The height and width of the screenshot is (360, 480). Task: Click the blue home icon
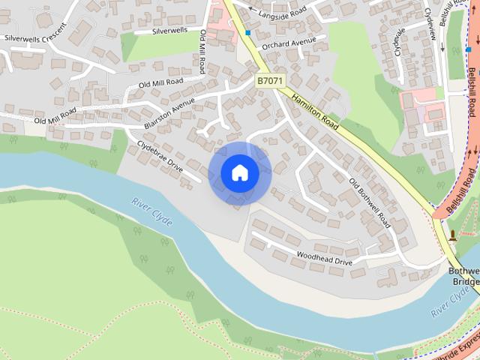click(239, 173)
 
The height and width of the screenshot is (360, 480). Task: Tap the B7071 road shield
click(270, 80)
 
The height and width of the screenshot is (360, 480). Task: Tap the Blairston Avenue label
click(169, 109)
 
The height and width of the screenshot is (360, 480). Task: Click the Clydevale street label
click(400, 43)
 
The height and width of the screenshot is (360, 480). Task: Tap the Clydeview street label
click(430, 22)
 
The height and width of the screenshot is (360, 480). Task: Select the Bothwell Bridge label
click(463, 275)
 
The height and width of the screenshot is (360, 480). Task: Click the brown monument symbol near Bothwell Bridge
click(452, 235)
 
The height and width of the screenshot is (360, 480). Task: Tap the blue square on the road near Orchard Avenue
click(247, 33)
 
